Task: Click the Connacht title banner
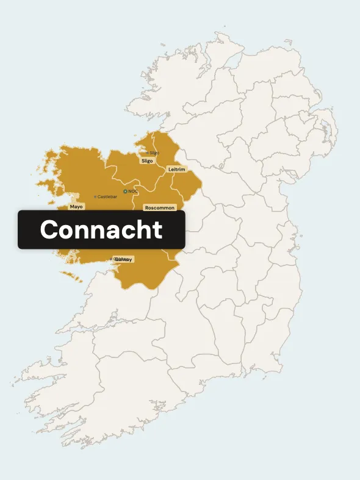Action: pos(101,230)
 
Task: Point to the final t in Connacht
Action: pos(159,230)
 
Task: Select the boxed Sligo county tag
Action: pos(147,161)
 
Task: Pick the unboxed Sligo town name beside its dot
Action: pos(154,152)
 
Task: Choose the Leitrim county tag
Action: pos(176,169)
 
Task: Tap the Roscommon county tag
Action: pos(160,208)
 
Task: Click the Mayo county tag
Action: pos(76,207)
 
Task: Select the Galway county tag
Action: pos(124,259)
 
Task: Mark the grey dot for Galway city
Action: pos(115,259)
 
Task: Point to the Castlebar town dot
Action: pos(95,196)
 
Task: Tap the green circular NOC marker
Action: pos(125,192)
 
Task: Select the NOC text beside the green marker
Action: pos(133,192)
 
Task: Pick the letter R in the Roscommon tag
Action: pos(147,208)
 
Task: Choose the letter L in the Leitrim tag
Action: pos(169,169)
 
